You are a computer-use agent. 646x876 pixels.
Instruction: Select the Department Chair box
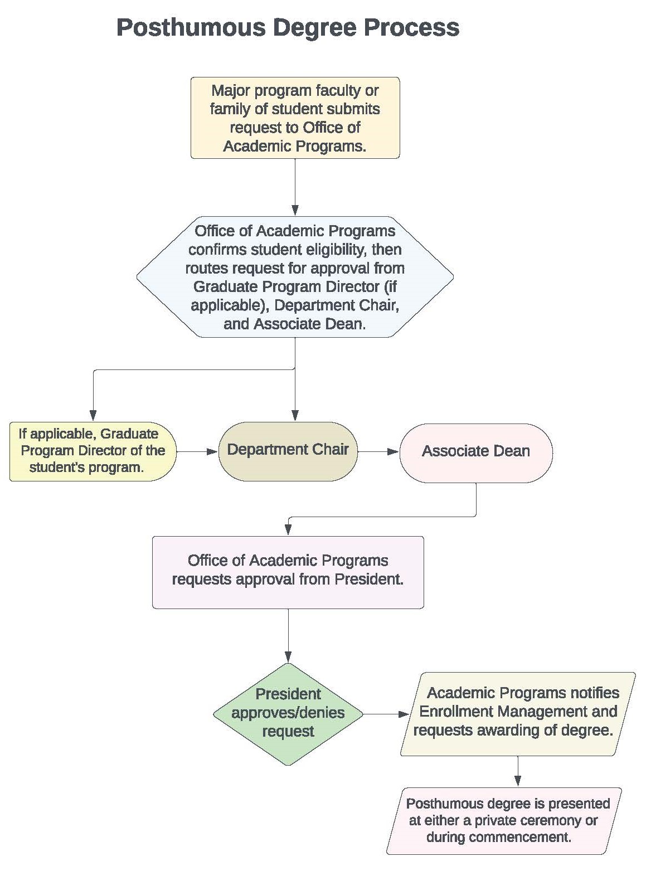pyautogui.click(x=288, y=450)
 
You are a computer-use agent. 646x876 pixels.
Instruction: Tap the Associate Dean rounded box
pyautogui.click(x=475, y=452)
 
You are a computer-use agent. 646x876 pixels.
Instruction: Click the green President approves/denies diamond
pyautogui.click(x=288, y=713)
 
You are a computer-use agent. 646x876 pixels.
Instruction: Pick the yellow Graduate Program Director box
pyautogui.click(x=92, y=451)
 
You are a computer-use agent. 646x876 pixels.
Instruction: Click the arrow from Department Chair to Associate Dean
pyautogui.click(x=378, y=451)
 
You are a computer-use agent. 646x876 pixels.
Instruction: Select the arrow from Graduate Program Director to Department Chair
pyautogui.click(x=197, y=451)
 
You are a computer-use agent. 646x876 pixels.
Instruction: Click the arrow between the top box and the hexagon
pyautogui.click(x=295, y=187)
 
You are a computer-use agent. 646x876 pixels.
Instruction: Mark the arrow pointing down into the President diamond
pyautogui.click(x=288, y=635)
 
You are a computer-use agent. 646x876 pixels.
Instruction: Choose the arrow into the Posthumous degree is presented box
pyautogui.click(x=518, y=772)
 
